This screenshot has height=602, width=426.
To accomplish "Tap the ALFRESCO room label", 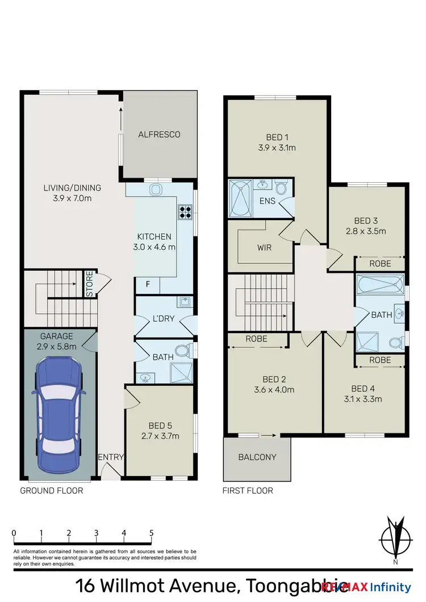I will click(159, 134).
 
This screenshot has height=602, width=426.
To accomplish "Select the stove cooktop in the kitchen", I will click(186, 212).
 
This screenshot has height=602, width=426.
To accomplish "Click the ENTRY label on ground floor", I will click(110, 457).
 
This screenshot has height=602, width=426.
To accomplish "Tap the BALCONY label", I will click(257, 457).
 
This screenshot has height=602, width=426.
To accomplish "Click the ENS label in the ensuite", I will click(266, 201).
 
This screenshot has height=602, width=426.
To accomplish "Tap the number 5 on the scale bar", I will click(151, 533).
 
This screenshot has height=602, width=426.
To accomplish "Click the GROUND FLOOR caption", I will click(52, 491).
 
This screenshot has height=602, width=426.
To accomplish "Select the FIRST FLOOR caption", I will click(248, 491).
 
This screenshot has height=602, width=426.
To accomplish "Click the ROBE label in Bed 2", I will click(257, 339).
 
